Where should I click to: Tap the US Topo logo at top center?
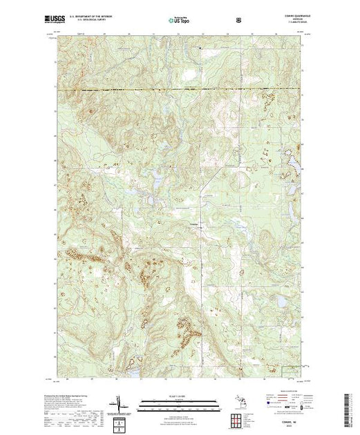pos(180,21)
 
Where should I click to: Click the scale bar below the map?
pos(179,400)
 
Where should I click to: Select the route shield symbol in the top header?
pos(239,21)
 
